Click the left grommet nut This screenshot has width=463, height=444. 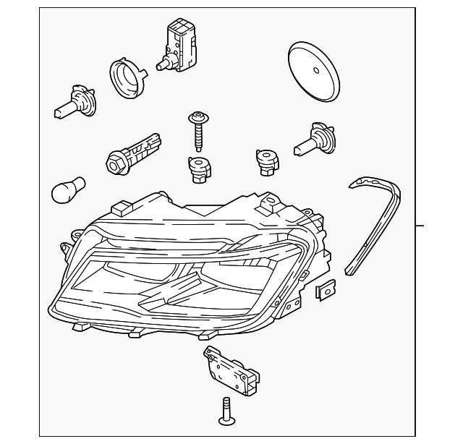[x=197, y=169]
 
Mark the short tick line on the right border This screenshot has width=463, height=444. [x=420, y=226]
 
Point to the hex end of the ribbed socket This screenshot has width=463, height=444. [x=114, y=162]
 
